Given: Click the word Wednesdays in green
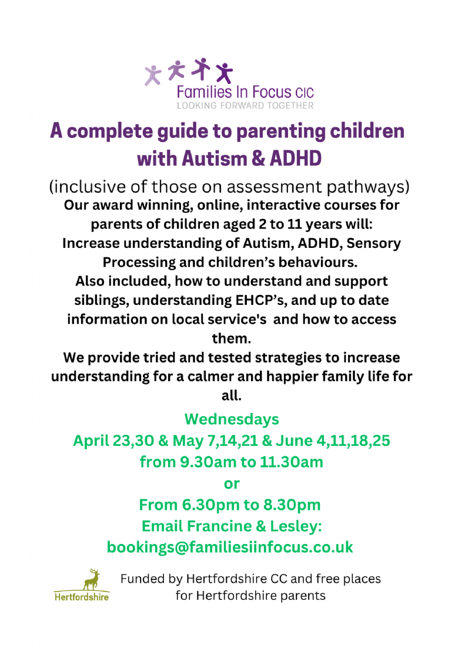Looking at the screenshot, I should pyautogui.click(x=232, y=419).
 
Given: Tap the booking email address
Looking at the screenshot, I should pyautogui.click(x=230, y=547).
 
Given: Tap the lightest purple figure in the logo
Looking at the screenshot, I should pyautogui.click(x=153, y=75).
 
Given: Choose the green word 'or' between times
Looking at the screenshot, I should pyautogui.click(x=232, y=484).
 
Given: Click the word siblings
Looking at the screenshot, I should pyautogui.click(x=101, y=300).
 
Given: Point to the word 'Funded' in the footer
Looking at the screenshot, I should pyautogui.click(x=143, y=579).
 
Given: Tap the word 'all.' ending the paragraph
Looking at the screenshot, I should pyautogui.click(x=232, y=396).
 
